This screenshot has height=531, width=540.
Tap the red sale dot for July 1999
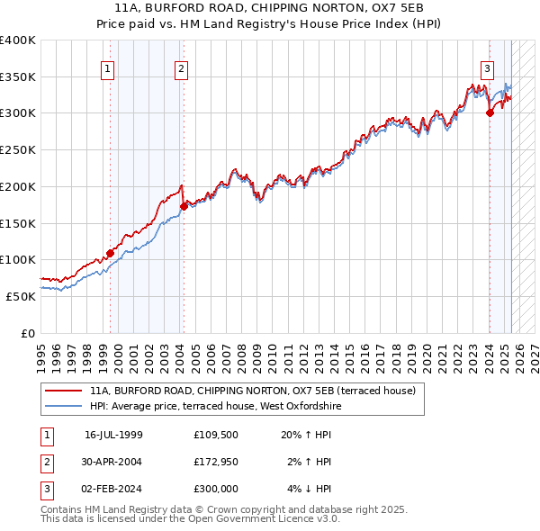tap(110, 253)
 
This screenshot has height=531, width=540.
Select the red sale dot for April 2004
tap(184, 206)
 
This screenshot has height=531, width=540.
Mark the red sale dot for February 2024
tap(490, 112)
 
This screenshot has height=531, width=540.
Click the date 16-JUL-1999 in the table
tap(113, 435)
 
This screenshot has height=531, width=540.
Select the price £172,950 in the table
tap(215, 462)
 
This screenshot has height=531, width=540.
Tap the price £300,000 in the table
tap(215, 489)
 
